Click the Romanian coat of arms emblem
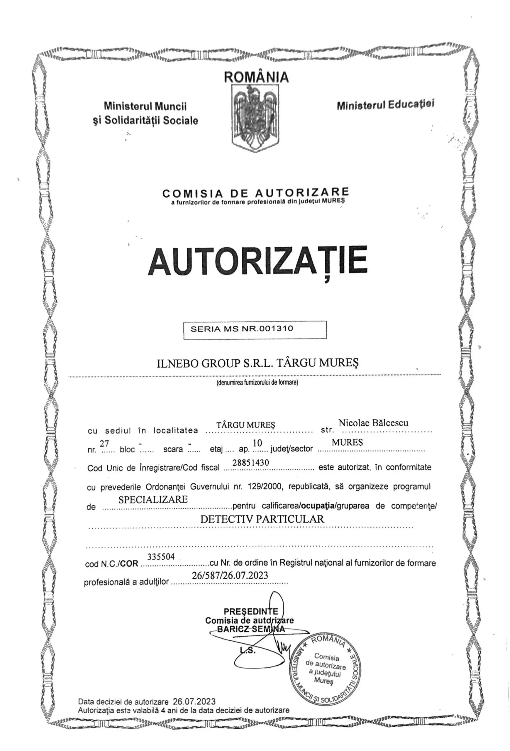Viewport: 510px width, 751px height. (255, 117)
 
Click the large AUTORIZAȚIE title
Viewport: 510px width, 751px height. (257, 261)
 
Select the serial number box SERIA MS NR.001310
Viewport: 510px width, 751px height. (255, 330)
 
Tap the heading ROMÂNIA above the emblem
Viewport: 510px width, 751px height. (256, 77)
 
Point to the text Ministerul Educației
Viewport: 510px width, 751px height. (385, 105)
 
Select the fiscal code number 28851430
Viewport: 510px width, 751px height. (251, 463)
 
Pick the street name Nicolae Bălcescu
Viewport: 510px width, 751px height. (373, 423)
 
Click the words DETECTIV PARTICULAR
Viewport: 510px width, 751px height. (262, 519)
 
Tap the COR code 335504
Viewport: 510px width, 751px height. (161, 557)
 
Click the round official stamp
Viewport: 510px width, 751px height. (325, 669)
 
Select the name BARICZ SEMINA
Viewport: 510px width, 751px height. (251, 629)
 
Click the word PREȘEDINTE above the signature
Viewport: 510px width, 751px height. (251, 611)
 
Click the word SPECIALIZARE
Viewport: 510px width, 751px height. (153, 500)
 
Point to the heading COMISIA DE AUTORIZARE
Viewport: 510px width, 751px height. (255, 193)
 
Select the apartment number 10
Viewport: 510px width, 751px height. (257, 443)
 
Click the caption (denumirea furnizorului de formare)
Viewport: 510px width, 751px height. (257, 383)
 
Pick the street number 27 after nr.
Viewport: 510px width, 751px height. (104, 443)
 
